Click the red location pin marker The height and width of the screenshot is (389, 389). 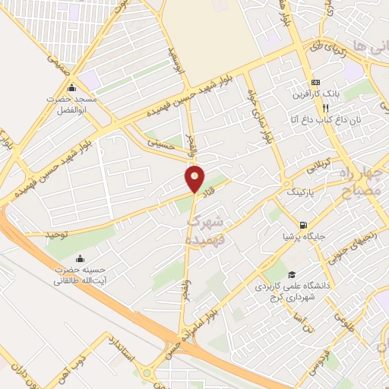click(x=195, y=179)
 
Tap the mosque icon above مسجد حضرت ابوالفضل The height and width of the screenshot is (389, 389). click(x=72, y=86)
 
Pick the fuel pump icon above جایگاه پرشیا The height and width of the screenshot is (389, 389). click(x=304, y=225)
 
